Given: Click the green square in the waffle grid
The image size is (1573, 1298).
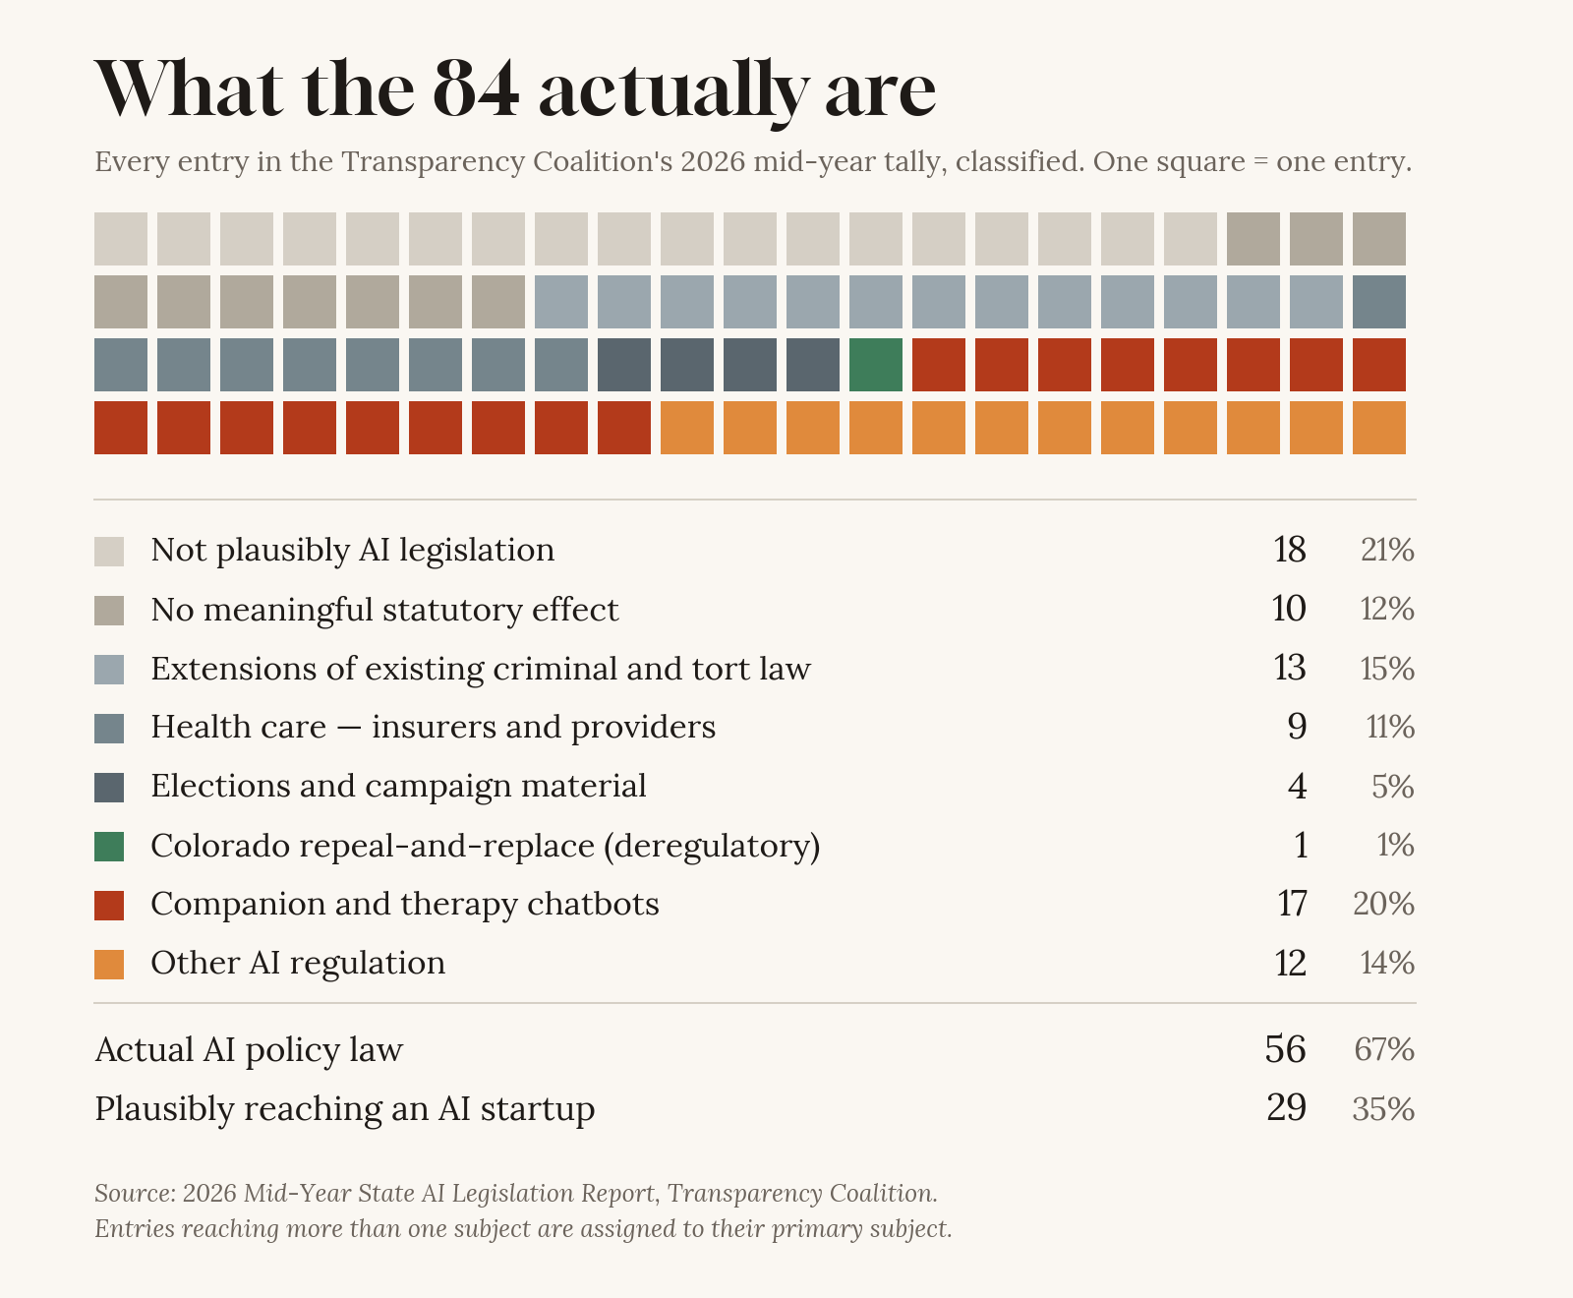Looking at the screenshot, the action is click(x=876, y=365).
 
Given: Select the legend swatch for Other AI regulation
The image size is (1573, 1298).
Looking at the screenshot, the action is click(x=109, y=964).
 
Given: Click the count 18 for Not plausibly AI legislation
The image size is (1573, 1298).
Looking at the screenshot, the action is click(x=1290, y=550).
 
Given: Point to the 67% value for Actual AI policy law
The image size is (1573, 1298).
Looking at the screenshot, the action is click(x=1384, y=1050).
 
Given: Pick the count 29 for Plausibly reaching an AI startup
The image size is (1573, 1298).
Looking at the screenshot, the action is click(x=1287, y=1108).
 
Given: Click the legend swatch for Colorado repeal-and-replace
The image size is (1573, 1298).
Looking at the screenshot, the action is click(x=109, y=847).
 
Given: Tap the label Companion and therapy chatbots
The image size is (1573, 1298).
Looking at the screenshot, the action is click(x=405, y=904).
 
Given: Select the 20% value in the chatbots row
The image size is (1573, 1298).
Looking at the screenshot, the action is click(x=1384, y=904).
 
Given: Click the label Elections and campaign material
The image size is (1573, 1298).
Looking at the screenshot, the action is click(x=398, y=787).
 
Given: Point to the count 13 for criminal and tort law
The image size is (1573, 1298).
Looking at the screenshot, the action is click(x=1290, y=669).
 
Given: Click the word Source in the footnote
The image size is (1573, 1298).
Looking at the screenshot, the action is click(x=133, y=1194).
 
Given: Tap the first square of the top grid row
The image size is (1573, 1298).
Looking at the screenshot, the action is click(x=121, y=239).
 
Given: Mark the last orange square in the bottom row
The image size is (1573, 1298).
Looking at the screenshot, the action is click(x=1379, y=428).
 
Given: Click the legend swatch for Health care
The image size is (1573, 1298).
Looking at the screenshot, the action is click(x=109, y=729).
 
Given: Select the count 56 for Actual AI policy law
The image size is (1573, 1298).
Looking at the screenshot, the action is click(x=1286, y=1050).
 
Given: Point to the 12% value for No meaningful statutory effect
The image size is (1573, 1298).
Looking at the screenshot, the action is click(x=1387, y=610).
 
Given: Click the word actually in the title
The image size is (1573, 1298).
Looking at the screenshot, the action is click(x=670, y=91).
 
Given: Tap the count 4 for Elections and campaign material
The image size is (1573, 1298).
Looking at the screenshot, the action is click(x=1298, y=787).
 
